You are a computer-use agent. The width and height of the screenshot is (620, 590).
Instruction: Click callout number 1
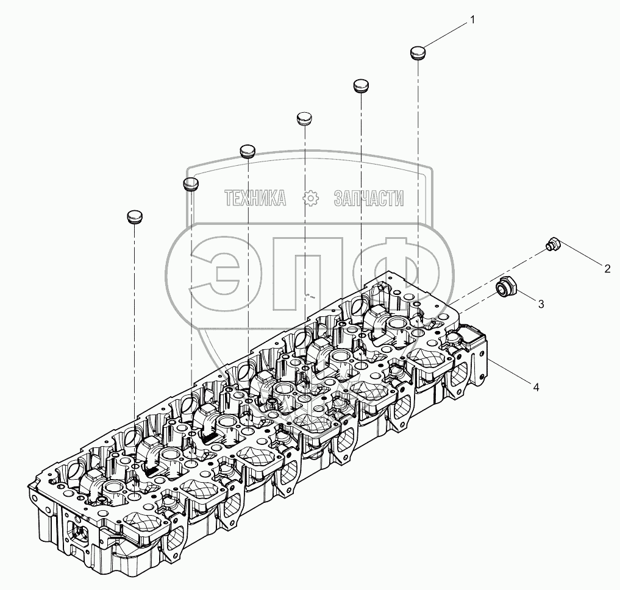coord(472,20)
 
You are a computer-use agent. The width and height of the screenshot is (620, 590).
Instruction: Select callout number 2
coord(607,269)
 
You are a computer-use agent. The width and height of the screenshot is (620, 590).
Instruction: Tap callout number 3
coord(541,304)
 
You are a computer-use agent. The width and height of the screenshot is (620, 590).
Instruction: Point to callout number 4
coord(535,387)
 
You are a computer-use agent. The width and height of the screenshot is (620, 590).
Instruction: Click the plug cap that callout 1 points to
coord(418,52)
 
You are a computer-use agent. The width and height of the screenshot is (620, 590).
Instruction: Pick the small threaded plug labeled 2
coord(552,244)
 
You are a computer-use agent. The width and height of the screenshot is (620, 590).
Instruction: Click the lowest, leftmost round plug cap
coord(135,217)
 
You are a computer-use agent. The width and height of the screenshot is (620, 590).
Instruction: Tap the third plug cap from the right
coord(304,119)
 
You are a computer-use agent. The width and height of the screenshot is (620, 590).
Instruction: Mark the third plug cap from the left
coord(248,151)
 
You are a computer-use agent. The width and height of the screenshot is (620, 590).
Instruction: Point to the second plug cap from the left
coord(191,184)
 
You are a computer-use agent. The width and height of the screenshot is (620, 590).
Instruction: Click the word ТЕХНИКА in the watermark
coord(255,197)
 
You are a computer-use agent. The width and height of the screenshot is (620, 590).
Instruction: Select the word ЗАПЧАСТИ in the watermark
coord(369,197)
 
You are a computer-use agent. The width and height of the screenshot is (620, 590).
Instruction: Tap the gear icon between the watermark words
coord(310,197)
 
